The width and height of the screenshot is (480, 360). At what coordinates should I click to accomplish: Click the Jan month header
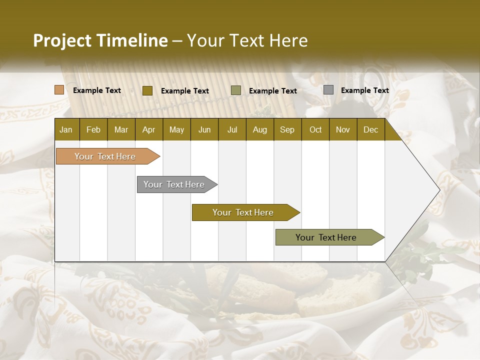click(66, 129)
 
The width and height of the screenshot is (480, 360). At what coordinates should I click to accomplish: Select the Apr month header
click(148, 129)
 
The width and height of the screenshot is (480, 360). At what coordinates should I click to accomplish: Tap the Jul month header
click(232, 129)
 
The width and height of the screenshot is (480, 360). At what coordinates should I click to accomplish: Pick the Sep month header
click(287, 129)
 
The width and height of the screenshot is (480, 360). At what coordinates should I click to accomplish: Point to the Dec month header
click(370, 129)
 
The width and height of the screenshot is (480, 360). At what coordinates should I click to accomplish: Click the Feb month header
click(93, 129)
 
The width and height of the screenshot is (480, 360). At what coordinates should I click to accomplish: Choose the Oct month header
click(315, 129)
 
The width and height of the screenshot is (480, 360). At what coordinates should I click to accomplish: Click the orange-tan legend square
click(59, 90)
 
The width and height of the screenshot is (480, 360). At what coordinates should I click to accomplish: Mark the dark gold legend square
click(147, 90)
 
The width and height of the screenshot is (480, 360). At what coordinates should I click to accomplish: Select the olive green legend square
click(236, 90)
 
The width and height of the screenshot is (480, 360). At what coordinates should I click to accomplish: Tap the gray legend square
click(328, 90)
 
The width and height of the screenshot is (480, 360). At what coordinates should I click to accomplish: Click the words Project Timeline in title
click(100, 40)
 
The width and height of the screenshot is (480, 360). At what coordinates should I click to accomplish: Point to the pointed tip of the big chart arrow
click(439, 190)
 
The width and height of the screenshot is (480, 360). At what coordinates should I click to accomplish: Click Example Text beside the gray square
click(364, 90)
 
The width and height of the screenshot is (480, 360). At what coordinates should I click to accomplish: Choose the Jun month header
click(204, 129)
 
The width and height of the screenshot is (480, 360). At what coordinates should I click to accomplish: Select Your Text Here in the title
click(247, 40)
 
